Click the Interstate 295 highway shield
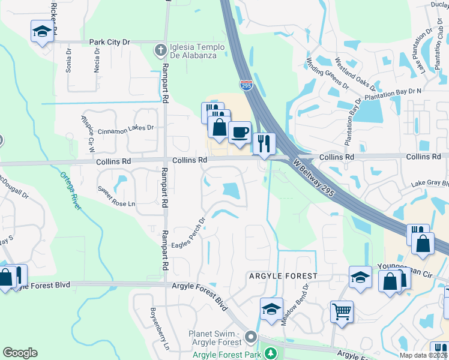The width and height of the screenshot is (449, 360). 246,85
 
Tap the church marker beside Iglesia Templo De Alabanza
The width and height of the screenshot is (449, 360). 160,52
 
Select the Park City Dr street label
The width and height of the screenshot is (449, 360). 109,42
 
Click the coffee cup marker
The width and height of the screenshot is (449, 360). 240,133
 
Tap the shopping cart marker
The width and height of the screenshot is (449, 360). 342,311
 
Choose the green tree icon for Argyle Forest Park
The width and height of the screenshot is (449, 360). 270,352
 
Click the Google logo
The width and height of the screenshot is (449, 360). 20,353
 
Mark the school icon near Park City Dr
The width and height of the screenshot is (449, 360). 42,31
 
